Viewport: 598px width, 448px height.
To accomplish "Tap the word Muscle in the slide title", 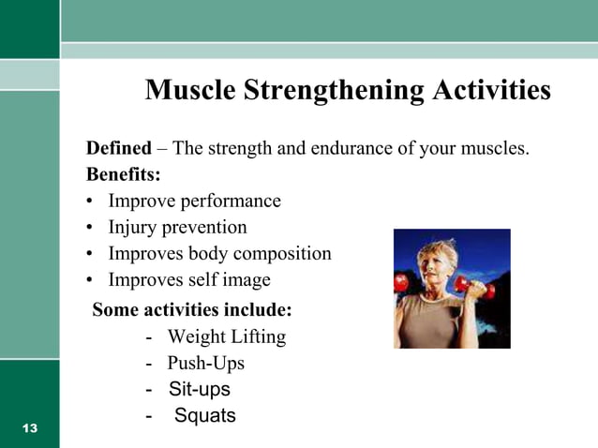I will point(191,91).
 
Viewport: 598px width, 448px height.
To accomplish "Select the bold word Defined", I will point(118,148).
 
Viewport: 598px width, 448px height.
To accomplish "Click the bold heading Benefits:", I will point(123,174).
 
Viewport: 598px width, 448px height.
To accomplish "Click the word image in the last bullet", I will point(246,279).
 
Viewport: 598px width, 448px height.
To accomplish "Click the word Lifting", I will point(256,336).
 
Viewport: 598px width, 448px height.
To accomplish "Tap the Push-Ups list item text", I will point(205,363).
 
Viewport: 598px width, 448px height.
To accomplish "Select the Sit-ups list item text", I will point(199,389).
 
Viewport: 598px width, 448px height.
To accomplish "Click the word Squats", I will point(205,415).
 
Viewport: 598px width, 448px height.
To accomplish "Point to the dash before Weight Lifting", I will point(149,336).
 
